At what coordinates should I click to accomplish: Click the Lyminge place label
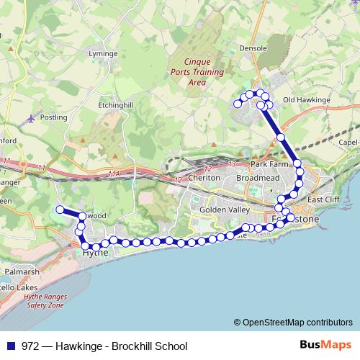[x=102, y=54]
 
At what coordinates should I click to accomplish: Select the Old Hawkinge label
[x=306, y=99]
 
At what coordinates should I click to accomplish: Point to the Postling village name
[x=53, y=117]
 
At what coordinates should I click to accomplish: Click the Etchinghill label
[x=115, y=105]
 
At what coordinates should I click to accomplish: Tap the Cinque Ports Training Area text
[x=197, y=72]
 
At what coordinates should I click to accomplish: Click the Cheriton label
[x=202, y=177]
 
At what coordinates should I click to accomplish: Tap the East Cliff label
[x=323, y=199]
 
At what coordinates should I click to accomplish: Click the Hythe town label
[x=95, y=253]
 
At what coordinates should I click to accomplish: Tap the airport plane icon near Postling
[x=30, y=118]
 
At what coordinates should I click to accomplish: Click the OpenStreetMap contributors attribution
[x=297, y=322]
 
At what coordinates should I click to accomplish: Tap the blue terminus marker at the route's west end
[x=60, y=210]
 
